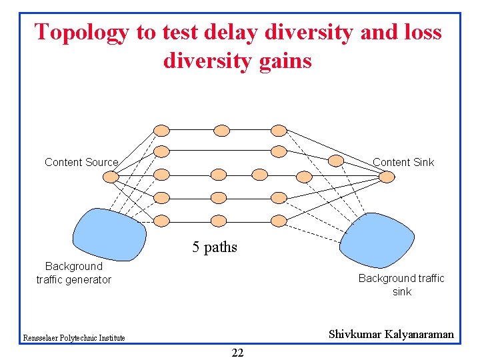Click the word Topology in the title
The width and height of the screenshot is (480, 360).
point(81,32)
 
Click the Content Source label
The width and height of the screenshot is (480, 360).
point(81,162)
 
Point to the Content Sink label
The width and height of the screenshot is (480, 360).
point(403,162)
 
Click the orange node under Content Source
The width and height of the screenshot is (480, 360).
point(111,177)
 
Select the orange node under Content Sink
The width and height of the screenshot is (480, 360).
point(387,177)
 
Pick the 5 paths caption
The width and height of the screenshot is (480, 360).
point(215,247)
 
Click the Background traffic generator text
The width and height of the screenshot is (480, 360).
point(73,273)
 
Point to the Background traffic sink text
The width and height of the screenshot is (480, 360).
point(401,285)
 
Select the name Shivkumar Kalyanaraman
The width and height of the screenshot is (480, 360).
point(391,334)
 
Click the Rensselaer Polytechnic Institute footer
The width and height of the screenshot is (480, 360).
point(73,338)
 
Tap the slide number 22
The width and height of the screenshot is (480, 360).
point(237,353)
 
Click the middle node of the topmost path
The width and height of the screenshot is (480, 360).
point(221,130)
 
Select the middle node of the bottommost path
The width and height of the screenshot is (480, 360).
point(219,220)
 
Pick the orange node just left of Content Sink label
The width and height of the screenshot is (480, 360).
point(337,161)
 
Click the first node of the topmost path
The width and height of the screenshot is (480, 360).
point(161,130)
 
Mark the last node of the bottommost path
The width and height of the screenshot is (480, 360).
point(279,220)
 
